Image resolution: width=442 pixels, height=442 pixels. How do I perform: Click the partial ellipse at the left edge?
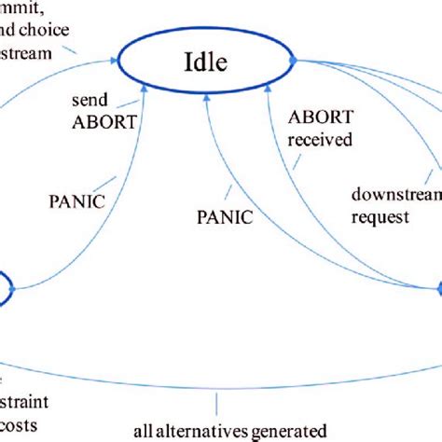[5, 287]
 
